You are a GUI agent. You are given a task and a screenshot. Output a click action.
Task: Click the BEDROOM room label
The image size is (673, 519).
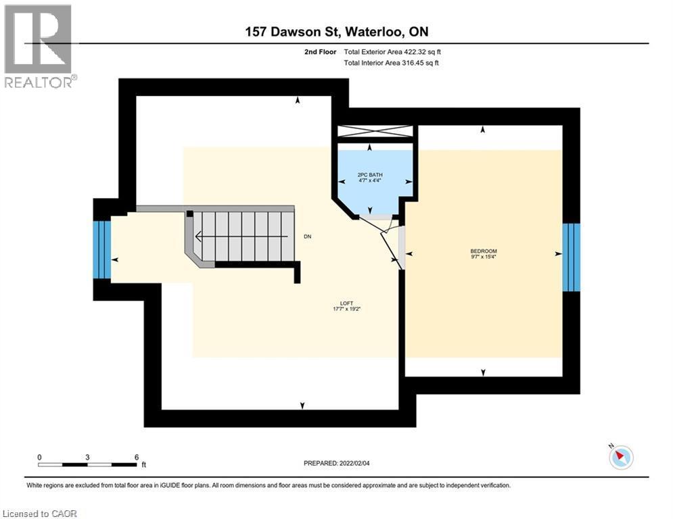(x=484, y=251)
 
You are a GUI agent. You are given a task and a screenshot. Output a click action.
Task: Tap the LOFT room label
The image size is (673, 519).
(x=346, y=303)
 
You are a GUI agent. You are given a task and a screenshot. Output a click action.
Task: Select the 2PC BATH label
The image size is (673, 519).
(x=370, y=175)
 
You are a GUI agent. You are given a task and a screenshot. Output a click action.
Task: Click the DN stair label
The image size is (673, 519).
(x=307, y=237)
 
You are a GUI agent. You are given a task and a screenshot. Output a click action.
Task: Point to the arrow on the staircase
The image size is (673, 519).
(x=241, y=237)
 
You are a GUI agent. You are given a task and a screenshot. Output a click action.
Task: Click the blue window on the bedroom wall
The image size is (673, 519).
(x=572, y=257)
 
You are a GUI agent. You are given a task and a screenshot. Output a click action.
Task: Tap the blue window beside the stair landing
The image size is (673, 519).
(x=102, y=249)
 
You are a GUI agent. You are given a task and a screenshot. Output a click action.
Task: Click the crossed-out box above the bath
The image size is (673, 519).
(x=375, y=131)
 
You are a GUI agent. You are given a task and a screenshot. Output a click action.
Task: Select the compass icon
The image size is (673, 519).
(x=621, y=457)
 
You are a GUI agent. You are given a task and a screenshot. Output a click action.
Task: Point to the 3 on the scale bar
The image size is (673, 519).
(x=87, y=458)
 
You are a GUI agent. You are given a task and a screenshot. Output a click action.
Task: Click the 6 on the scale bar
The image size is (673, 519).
(x=137, y=458)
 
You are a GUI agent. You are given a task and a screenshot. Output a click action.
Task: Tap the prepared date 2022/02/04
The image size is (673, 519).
(x=354, y=463)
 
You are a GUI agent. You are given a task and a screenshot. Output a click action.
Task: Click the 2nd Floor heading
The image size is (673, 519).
(x=320, y=52)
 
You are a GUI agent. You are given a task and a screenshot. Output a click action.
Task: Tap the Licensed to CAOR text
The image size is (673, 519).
(x=39, y=514)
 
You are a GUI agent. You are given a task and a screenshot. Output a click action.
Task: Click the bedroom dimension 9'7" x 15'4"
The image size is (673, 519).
(x=484, y=257)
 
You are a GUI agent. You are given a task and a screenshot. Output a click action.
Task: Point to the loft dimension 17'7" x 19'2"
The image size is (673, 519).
(x=346, y=309)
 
